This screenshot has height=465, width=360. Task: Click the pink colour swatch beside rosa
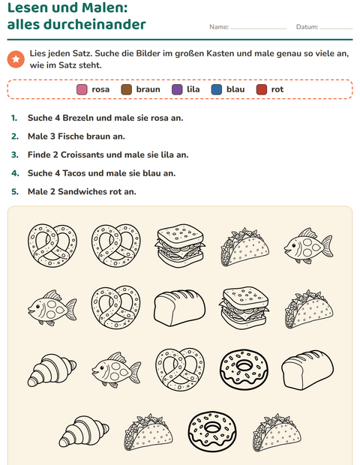coord(82,89)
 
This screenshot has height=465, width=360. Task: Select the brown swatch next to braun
coord(126,89)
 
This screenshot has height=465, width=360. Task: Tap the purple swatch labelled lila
coord(177,89)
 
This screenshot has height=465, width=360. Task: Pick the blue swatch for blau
coord(217,89)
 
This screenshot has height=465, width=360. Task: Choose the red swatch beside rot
coord(262,89)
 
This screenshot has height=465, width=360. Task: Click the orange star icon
coord(16,59)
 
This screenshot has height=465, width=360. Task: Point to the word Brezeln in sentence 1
coord(78,118)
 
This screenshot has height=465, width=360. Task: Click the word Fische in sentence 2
coord(70,136)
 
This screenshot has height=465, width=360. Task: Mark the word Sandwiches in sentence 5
coord(82,191)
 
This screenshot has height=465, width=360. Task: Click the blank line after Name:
coord(259,28)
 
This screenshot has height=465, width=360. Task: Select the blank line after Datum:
coord(337,28)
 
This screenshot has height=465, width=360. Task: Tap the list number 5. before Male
coord(15,191)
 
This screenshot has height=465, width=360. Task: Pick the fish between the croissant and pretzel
coord(116,370)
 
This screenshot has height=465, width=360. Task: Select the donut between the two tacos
coord(212,433)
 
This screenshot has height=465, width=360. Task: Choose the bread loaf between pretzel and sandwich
coord(179,307)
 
